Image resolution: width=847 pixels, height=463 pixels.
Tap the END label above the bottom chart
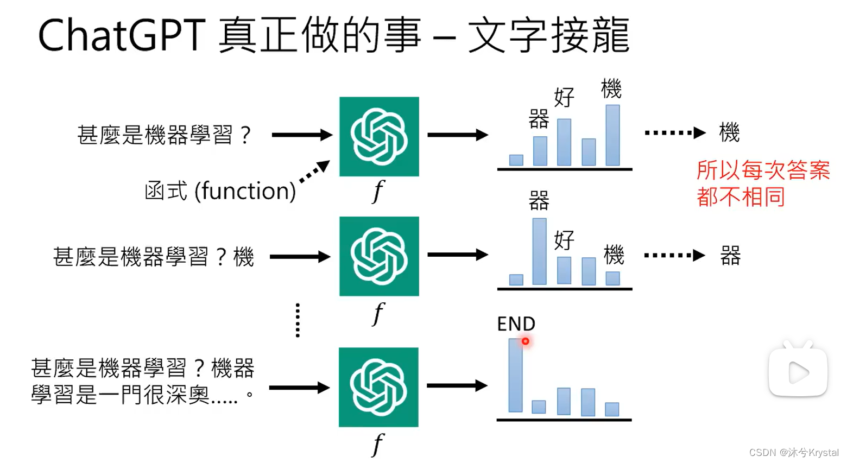[x=516, y=324]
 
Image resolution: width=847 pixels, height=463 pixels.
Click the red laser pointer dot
[x=526, y=341]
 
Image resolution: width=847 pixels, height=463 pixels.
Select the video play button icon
[x=798, y=372]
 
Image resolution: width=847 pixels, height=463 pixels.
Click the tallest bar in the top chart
[x=612, y=135]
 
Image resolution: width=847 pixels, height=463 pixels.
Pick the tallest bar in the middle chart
[x=540, y=251]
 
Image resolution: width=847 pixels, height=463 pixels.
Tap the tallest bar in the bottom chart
[x=515, y=375]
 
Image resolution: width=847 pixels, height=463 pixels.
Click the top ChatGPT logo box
[x=379, y=136]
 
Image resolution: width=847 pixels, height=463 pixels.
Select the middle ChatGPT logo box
[x=379, y=256]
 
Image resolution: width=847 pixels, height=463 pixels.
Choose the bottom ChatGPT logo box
[x=378, y=387]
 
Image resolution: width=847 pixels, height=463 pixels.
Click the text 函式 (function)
[x=220, y=191]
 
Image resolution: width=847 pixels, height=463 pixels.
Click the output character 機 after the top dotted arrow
[x=729, y=132]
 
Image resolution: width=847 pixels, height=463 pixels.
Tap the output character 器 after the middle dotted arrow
[x=730, y=256]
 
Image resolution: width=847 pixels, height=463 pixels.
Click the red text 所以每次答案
[x=763, y=170]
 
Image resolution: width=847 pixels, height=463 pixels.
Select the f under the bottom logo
[x=378, y=445]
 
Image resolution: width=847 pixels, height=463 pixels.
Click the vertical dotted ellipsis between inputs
[x=298, y=320]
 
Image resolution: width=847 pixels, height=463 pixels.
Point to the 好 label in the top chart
[x=564, y=98]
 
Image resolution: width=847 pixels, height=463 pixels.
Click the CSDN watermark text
[x=794, y=453]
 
